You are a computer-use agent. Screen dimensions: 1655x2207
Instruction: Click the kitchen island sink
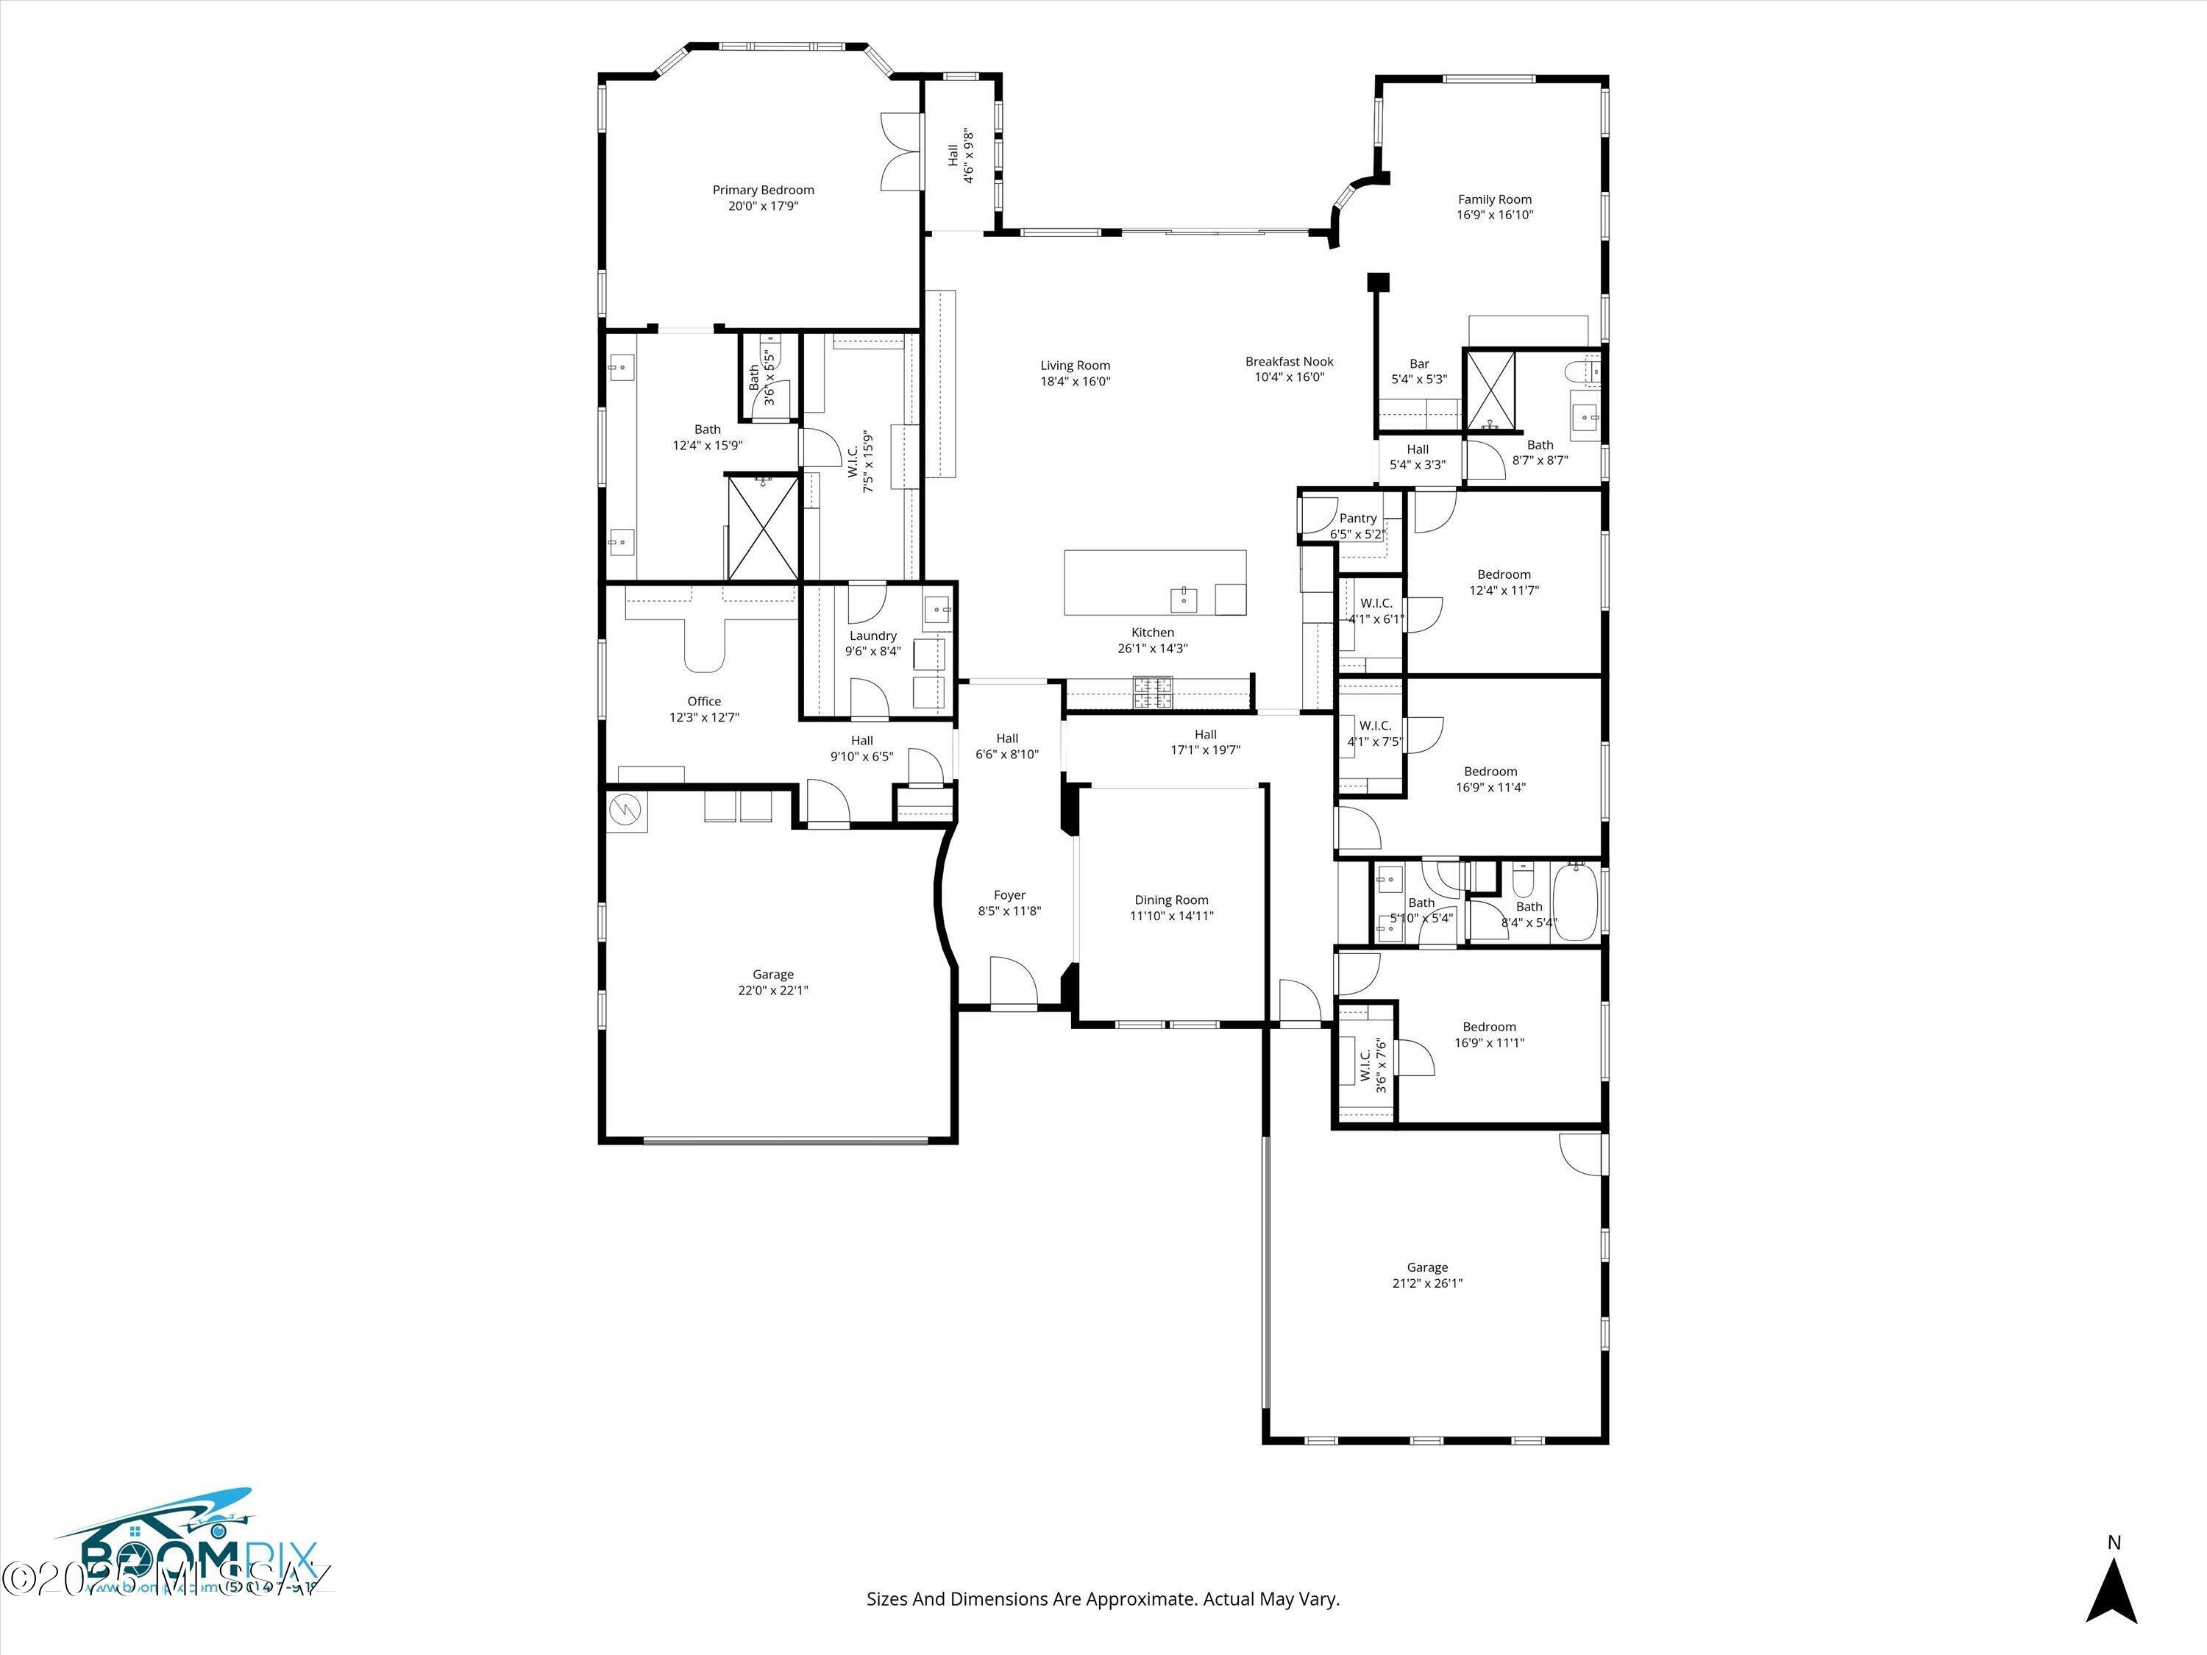[1183, 599]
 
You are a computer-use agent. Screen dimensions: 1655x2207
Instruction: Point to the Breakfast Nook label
[1289, 361]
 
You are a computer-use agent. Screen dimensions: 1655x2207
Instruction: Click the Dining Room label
[1170, 900]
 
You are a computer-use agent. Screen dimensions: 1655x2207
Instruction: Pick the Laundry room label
[873, 636]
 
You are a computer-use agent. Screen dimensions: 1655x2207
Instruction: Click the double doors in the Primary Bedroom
[899, 149]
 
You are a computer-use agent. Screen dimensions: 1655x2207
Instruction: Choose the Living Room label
[1075, 365]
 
